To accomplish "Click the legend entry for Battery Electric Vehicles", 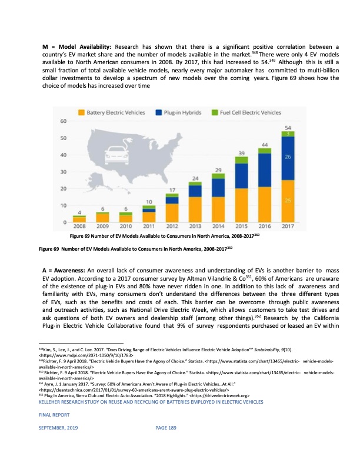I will coord(117,112).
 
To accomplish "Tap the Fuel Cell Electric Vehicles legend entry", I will coord(250,112).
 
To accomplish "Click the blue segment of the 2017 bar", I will coord(288,158).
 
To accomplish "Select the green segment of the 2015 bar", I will coord(241,160).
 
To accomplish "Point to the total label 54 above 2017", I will coord(288,127).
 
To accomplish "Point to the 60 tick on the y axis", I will coord(62,121).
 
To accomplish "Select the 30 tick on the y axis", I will coord(62,172).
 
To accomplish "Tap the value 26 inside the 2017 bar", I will coord(288,158).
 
